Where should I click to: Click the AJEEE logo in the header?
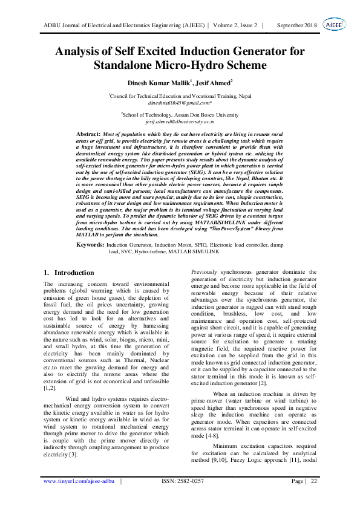point(333,25)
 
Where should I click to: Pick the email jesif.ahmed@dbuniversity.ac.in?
point(180,122)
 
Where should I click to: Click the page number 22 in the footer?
point(313,498)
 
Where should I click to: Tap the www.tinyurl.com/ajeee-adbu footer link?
point(79,498)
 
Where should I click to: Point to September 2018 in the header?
point(296,25)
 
